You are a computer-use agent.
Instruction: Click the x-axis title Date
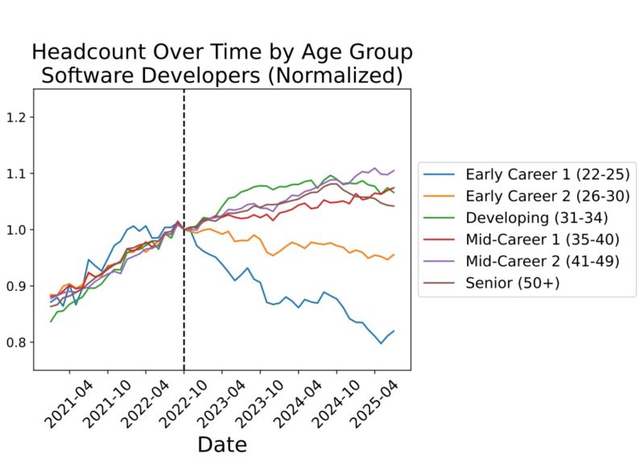[x=222, y=444]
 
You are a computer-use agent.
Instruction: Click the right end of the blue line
[x=394, y=330]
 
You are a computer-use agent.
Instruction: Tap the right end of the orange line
[x=394, y=255]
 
